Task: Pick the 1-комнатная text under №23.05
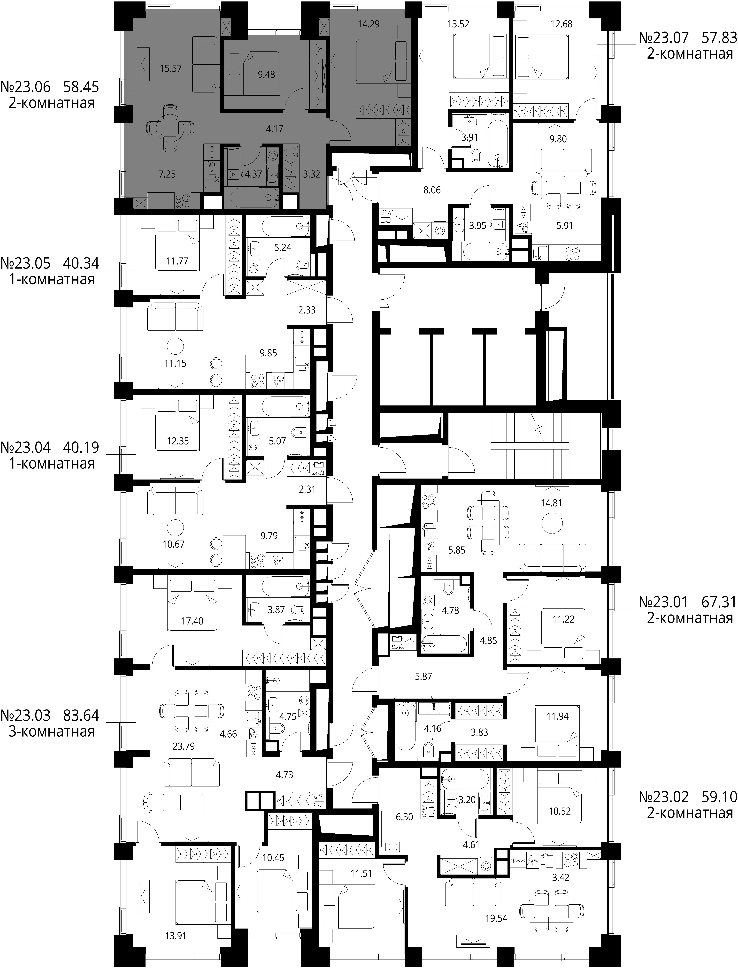[52, 279]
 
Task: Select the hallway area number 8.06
[432, 190]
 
